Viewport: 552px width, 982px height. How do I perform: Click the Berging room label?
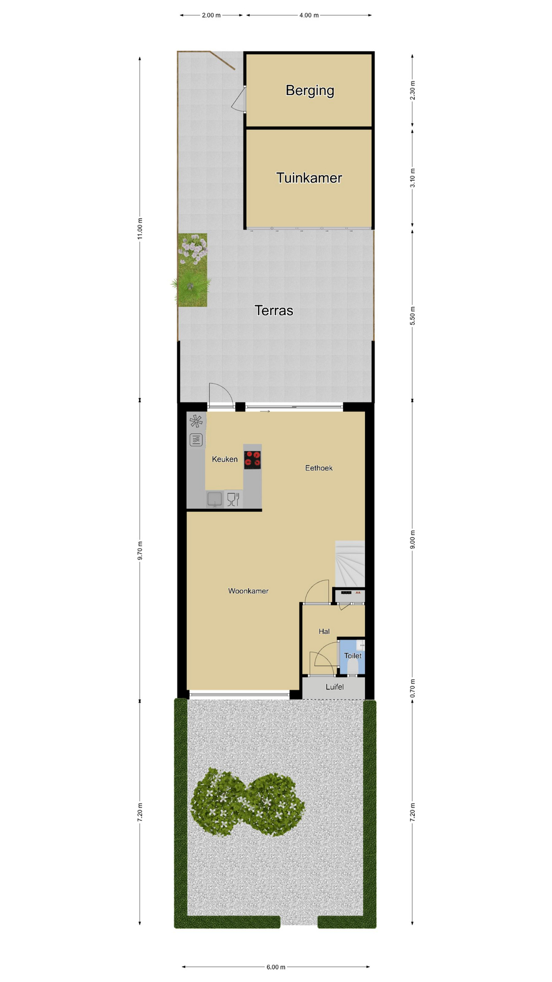point(310,91)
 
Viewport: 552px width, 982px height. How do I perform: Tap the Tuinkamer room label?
point(309,177)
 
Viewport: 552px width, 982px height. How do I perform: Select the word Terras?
point(274,310)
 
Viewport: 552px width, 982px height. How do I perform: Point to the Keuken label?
point(225,459)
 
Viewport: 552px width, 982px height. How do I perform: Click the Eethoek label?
point(319,468)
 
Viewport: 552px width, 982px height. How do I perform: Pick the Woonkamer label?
point(248,591)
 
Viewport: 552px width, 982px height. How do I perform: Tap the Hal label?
point(324,631)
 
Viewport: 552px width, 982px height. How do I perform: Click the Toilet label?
point(353,656)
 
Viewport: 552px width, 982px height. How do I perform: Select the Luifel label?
point(335,687)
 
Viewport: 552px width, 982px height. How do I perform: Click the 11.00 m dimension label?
point(140,228)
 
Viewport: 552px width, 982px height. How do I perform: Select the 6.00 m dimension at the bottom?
point(276,967)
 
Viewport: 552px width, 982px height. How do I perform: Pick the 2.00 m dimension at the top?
point(211,15)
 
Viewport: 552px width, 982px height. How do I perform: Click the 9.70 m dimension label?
point(140,550)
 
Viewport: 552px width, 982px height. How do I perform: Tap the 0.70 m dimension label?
point(413,688)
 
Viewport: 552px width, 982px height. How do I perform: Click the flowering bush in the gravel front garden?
point(247,802)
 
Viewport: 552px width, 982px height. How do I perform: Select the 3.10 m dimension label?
point(413,178)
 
